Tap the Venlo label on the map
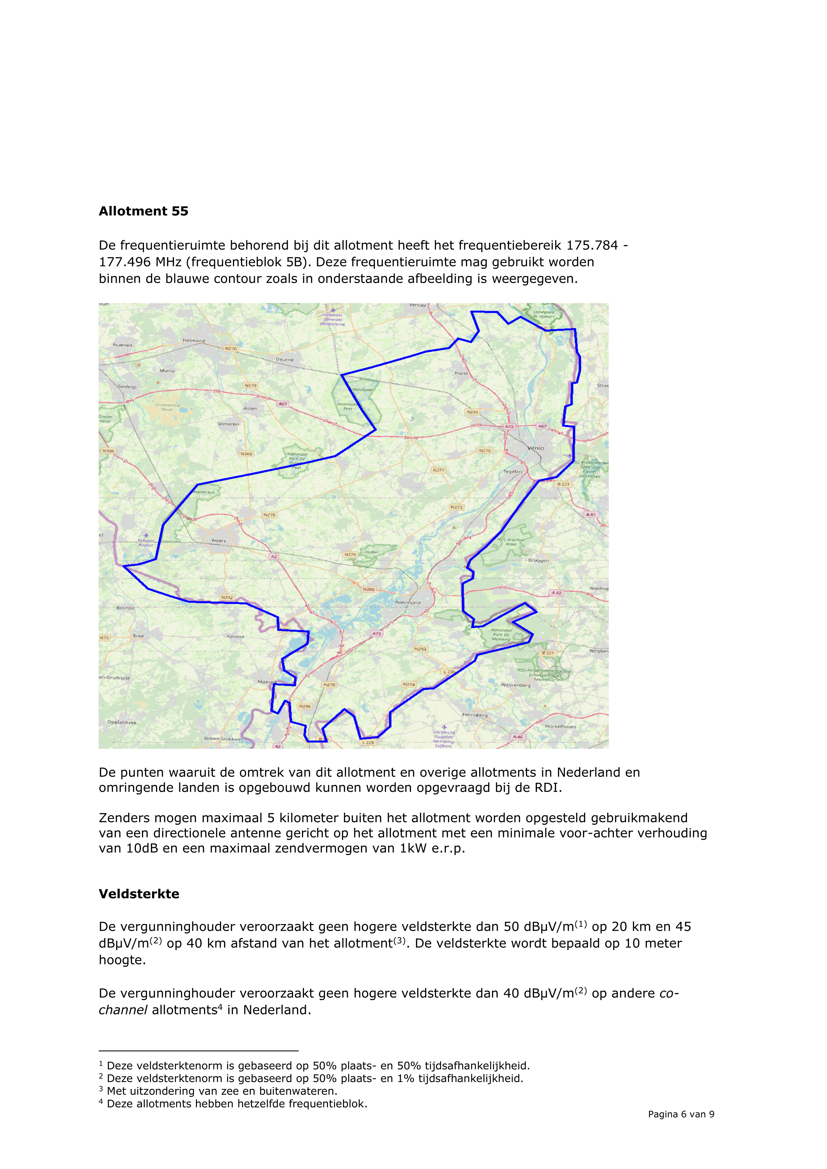(536, 448)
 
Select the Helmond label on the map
(194, 341)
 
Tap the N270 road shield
(231, 349)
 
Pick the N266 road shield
(246, 454)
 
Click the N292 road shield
(227, 597)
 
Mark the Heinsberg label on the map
(475, 715)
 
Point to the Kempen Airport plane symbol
(146, 535)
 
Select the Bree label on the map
(138, 636)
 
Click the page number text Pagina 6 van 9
(681, 1114)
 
